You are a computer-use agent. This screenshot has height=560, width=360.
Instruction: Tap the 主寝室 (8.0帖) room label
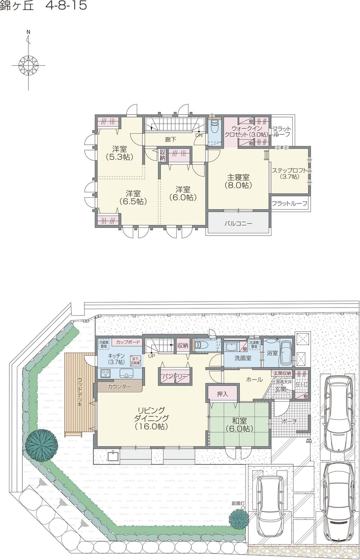click(238, 182)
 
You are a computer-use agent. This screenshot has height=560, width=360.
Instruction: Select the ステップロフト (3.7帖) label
click(289, 174)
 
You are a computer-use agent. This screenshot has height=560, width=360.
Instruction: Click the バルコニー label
click(238, 223)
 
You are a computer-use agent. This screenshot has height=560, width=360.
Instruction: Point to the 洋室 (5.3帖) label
click(120, 153)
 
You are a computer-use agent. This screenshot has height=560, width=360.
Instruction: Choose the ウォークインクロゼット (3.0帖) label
click(246, 131)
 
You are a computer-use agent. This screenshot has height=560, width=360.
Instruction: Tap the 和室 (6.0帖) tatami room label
click(239, 425)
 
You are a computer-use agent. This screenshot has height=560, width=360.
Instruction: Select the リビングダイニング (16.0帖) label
click(151, 418)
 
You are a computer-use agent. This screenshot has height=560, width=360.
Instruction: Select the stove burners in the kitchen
click(106, 373)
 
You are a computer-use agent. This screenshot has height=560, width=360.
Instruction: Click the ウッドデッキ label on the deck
click(80, 392)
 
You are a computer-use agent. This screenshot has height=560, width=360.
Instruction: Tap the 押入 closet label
click(222, 394)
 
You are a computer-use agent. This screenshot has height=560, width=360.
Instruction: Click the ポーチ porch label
click(289, 421)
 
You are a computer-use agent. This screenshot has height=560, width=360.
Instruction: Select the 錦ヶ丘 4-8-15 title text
click(43, 6)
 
